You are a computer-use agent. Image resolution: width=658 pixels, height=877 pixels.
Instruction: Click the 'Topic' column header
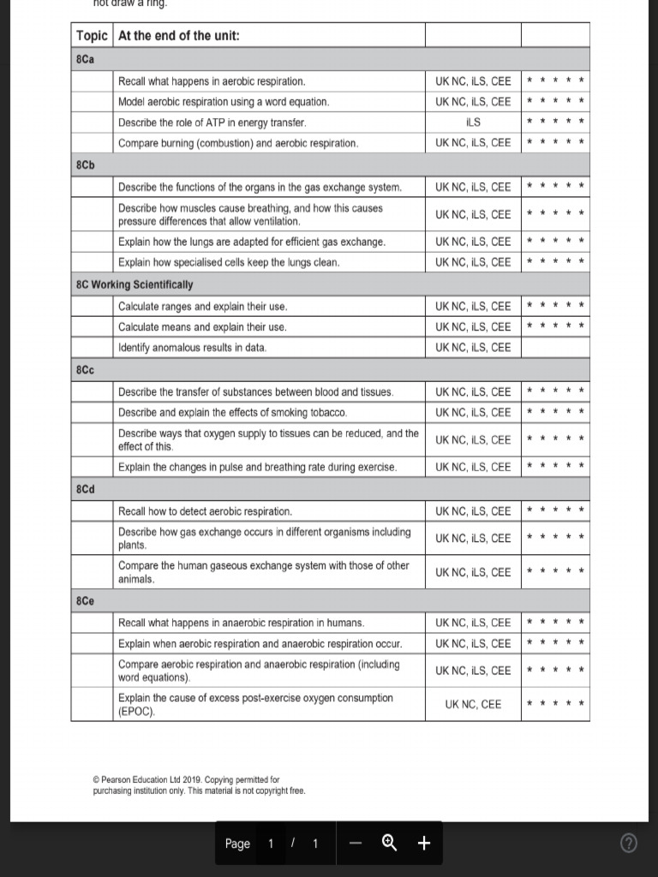point(92,36)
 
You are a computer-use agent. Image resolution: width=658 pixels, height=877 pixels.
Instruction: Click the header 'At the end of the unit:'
point(179,36)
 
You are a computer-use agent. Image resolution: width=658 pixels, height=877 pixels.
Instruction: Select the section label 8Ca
point(85,59)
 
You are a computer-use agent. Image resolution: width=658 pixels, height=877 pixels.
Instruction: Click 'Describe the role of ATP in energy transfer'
point(212,122)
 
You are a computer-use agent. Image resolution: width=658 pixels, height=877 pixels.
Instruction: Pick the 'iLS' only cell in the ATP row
point(473,122)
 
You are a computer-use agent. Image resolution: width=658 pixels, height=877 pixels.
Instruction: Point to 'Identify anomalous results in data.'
point(193,348)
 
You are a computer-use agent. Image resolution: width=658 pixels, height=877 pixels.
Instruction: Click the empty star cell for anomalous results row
point(555,348)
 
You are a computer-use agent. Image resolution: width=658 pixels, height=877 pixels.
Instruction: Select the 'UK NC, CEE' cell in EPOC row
point(473,705)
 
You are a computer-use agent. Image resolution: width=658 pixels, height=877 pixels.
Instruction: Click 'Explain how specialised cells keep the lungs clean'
point(229,262)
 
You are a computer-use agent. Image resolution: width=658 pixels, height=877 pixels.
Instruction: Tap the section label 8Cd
point(86,489)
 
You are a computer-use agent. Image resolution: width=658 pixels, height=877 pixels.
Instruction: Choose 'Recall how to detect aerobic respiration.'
point(205,511)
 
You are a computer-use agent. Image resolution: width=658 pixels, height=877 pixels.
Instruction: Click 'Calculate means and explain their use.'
point(202,327)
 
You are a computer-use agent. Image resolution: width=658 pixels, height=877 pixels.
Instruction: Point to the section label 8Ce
point(86,601)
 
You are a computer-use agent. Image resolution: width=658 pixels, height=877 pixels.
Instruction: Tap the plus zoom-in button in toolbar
point(423,844)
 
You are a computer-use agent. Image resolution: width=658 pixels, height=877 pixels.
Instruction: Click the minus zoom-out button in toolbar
point(356,844)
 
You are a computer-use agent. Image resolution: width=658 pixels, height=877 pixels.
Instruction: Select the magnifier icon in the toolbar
point(389,844)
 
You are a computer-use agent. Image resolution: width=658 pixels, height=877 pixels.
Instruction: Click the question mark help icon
point(629,844)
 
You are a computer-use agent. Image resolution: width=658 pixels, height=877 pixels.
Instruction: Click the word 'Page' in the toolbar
point(237,844)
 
